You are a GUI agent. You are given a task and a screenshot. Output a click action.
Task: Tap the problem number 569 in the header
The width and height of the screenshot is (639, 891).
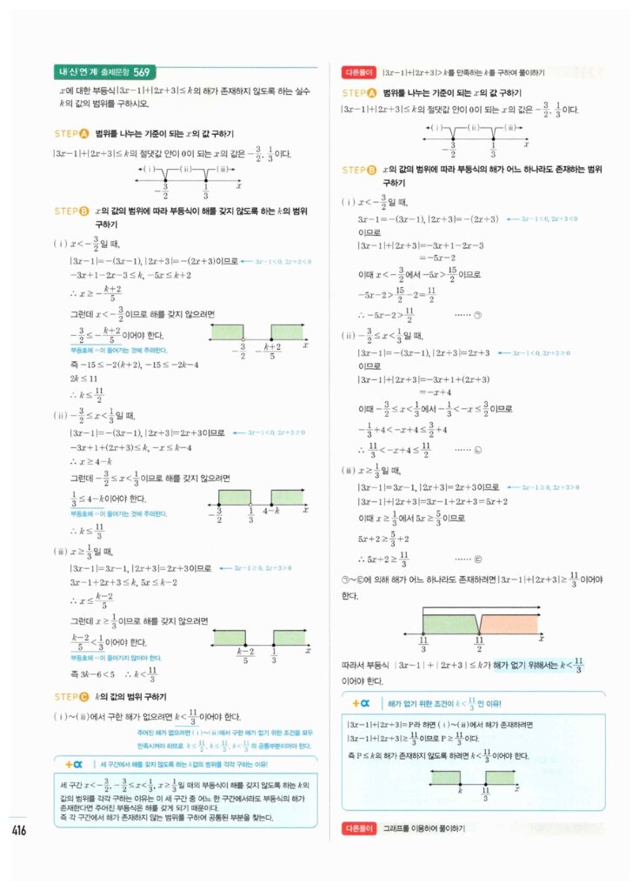(145, 72)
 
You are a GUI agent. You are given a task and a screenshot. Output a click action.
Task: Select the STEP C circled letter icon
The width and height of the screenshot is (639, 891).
(85, 697)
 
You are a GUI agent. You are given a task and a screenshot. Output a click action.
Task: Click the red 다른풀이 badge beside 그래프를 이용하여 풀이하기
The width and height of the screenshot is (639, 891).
(359, 827)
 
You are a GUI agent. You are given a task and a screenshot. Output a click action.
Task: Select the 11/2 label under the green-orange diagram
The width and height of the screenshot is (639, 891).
(479, 645)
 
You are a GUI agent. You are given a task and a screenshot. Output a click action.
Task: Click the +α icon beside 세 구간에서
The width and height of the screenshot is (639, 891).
(74, 763)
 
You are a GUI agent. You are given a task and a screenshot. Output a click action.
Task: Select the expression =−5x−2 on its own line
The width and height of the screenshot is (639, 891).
(440, 258)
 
